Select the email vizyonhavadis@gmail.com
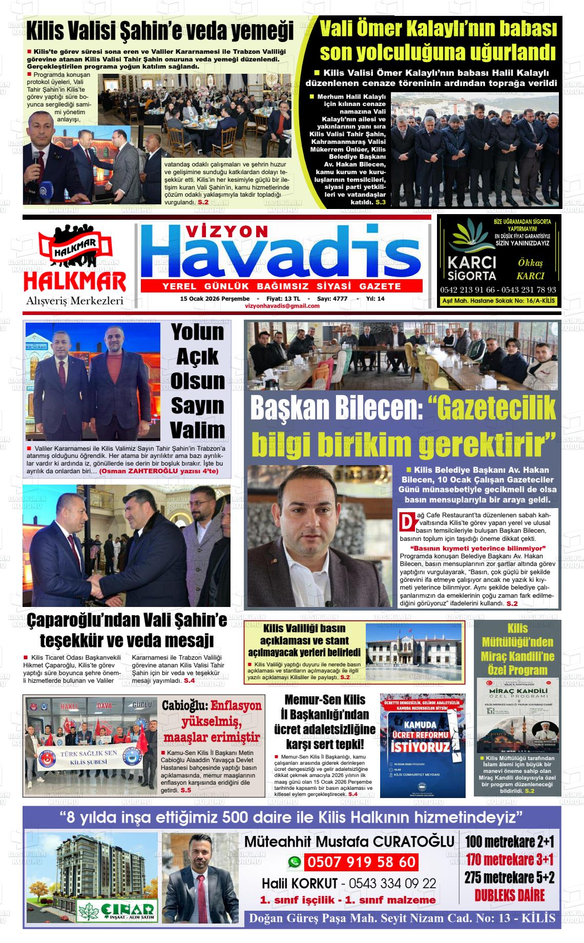pyautogui.click(x=282, y=306)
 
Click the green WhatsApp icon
pyautogui.click(x=294, y=863)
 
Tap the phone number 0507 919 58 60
pyautogui.click(x=361, y=862)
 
